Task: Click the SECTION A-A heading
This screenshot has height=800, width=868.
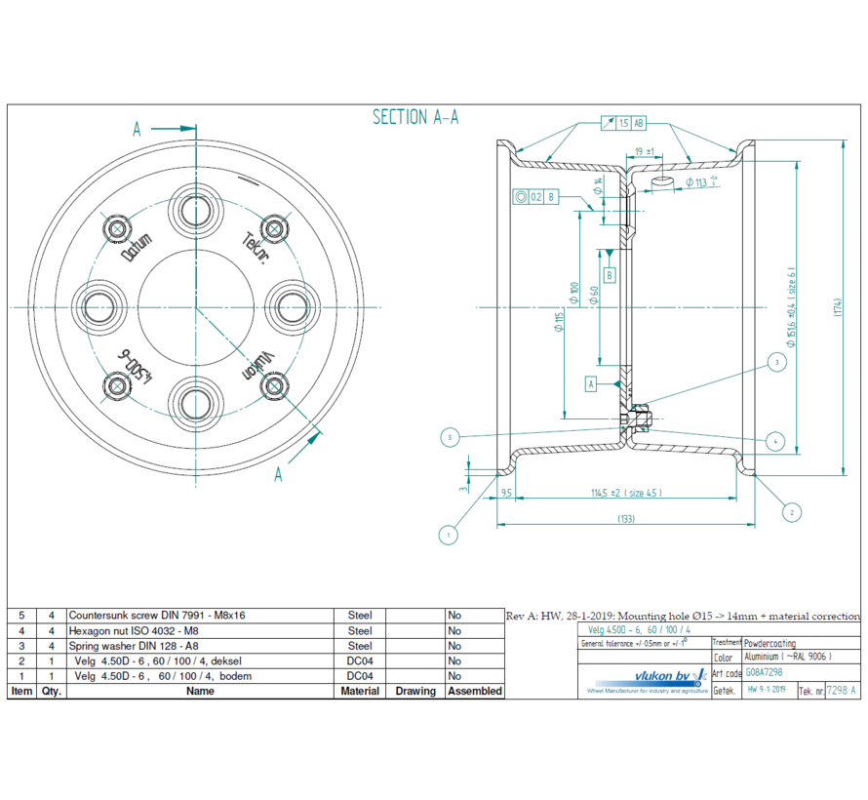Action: [415, 117]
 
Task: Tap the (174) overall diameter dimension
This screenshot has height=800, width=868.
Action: [837, 305]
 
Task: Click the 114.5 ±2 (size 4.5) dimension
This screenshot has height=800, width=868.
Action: [625, 492]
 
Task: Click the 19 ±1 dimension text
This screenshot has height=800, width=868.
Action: [643, 151]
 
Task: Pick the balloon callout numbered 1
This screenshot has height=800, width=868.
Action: [448, 534]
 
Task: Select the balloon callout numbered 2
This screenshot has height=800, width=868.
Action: [791, 510]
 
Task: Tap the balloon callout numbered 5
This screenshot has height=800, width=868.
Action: [449, 436]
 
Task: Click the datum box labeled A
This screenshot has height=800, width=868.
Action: [591, 383]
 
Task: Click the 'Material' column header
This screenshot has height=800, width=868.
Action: [360, 691]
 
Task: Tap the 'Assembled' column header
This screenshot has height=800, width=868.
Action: [475, 691]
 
